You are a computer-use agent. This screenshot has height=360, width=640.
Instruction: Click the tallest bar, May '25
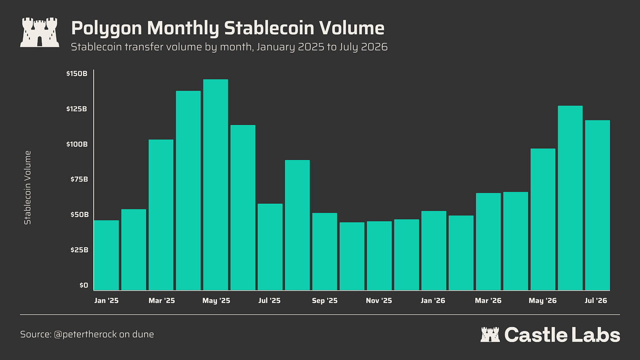pos(215,185)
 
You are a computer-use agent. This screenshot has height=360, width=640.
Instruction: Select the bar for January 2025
pos(106,255)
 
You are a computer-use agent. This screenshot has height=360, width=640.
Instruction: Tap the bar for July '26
pos(597,205)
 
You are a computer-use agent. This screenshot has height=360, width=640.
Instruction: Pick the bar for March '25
pos(161,215)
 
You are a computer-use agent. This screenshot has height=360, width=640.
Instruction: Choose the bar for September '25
pos(324,251)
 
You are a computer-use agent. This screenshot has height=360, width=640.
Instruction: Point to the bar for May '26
pos(543,219)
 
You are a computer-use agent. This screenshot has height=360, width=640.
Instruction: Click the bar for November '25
pos(379,256)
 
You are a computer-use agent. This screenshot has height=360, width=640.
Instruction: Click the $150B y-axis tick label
pos(76,74)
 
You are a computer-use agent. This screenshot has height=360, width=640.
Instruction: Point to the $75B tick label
pos(79,179)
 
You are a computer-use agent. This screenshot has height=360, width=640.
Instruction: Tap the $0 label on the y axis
pos(84,285)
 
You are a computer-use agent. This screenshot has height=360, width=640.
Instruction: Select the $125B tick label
pos(76,109)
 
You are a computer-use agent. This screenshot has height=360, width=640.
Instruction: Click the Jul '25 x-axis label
pos(269,301)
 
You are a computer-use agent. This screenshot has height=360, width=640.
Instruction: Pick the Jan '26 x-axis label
pos(433,301)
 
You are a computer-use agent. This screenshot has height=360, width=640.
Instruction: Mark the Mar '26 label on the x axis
pos(488,301)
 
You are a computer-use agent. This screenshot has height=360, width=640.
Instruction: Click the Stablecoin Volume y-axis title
pos(27,188)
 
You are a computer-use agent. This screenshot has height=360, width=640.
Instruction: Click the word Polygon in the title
pos(106,29)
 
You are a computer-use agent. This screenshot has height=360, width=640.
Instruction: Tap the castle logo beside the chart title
pos(40,32)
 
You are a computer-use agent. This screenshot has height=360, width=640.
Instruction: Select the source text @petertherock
pos(85,334)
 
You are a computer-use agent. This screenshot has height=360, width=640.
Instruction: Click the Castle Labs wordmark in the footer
pos(550,335)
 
